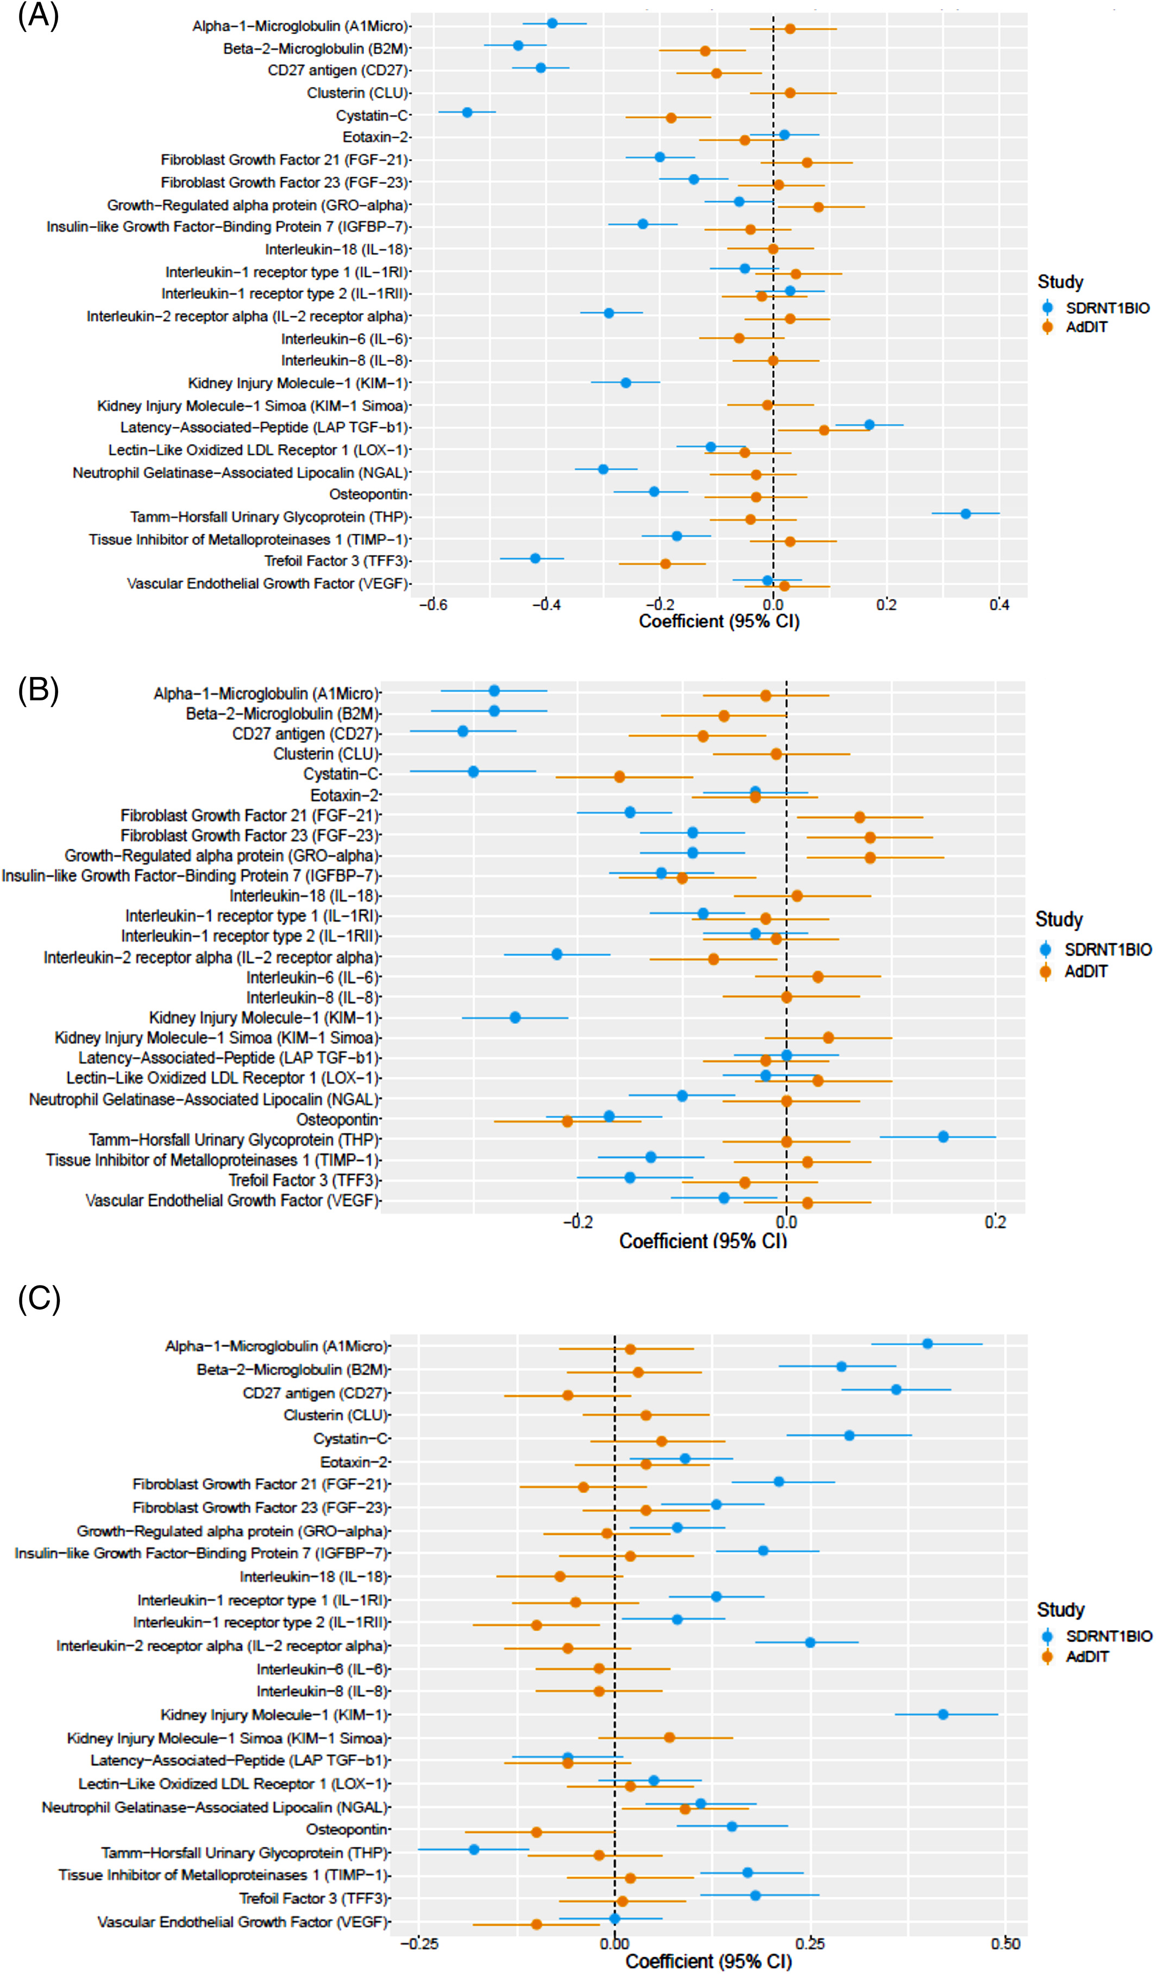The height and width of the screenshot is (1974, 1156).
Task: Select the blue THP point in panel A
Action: coord(966,514)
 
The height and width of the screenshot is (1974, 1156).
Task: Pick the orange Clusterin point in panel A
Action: coord(790,93)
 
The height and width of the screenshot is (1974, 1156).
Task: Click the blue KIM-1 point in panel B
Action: coord(514,1018)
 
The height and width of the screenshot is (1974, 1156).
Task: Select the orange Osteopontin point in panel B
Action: coord(567,1121)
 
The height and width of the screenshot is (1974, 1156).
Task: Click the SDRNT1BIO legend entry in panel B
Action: coord(1096,949)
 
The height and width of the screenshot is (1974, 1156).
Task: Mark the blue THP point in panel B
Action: coord(943,1137)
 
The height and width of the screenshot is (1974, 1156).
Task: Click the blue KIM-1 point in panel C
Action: coord(943,1714)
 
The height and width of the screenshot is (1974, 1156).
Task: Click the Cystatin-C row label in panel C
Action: coord(351,1438)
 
